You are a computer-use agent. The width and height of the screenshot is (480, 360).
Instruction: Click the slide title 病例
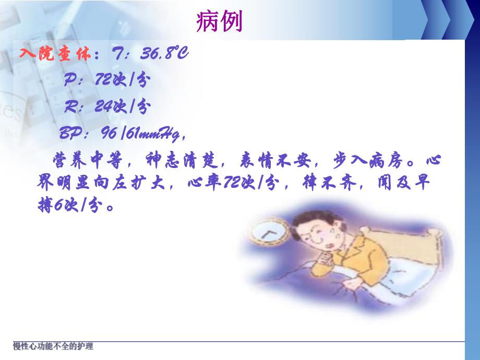[219, 22]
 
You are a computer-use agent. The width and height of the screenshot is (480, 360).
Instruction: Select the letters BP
[69, 134]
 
